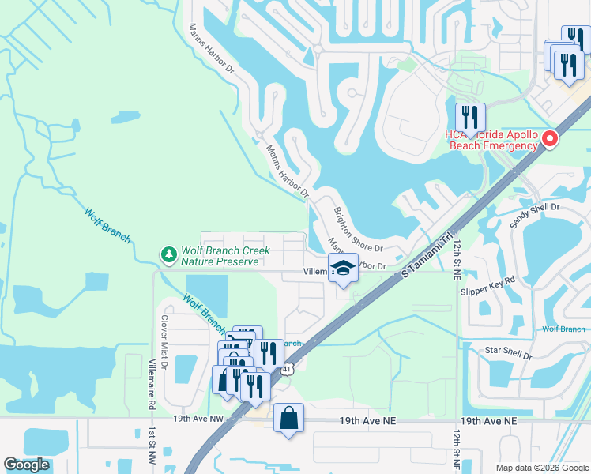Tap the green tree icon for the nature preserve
168,254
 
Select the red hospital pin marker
550,140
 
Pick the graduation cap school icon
343,269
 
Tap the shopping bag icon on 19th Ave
289,418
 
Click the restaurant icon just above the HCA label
470,117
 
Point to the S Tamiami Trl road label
430,252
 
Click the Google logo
26,465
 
